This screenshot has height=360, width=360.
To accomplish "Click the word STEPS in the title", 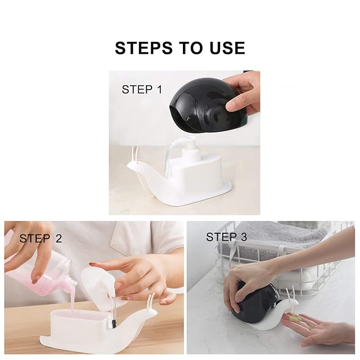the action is (x=144, y=48).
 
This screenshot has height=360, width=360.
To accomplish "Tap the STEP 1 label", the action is (x=142, y=89).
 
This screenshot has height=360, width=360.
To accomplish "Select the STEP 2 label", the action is (x=41, y=238).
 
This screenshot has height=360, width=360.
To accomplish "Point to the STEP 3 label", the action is (x=226, y=237).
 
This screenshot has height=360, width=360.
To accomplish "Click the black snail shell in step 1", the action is (x=207, y=106).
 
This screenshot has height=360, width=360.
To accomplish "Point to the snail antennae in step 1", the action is (x=134, y=154).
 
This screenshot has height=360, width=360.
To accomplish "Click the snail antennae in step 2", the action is (x=152, y=303).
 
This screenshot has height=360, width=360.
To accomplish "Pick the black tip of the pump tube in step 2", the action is (x=113, y=324).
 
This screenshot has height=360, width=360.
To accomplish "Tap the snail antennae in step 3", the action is (x=291, y=295).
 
